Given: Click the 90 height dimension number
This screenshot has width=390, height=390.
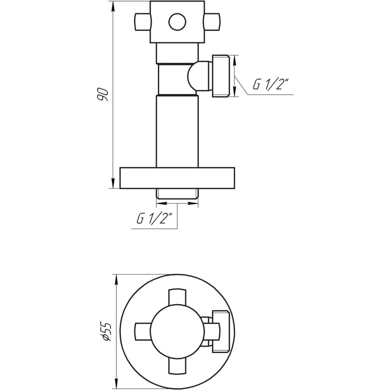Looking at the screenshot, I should pos(102,94).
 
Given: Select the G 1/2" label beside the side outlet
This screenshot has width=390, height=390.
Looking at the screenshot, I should pos(271,84).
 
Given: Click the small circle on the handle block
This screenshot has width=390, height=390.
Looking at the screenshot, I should pos(175,21).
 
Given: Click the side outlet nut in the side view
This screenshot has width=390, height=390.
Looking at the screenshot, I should pos(221,75).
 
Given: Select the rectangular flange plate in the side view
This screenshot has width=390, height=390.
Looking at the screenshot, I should pos(177,178).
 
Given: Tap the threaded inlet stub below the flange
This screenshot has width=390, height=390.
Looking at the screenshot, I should pos(177,194).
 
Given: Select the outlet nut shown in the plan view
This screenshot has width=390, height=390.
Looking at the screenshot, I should pos(221,330).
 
